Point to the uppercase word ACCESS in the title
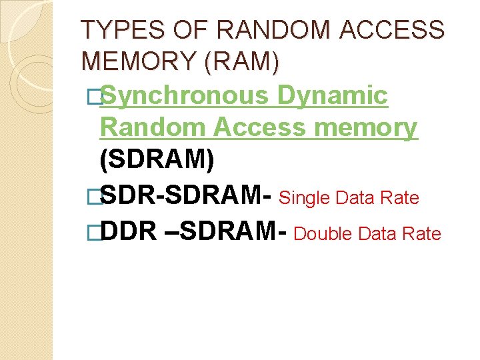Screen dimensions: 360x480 (x=404, y=30)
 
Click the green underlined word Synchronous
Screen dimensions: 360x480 (x=184, y=95)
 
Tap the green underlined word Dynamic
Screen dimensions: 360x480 (x=333, y=95)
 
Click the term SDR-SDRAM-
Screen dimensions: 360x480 (x=185, y=197)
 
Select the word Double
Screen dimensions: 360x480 (x=323, y=234)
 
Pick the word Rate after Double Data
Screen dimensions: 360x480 (x=423, y=234)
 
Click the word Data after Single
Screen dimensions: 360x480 (x=356, y=198)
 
